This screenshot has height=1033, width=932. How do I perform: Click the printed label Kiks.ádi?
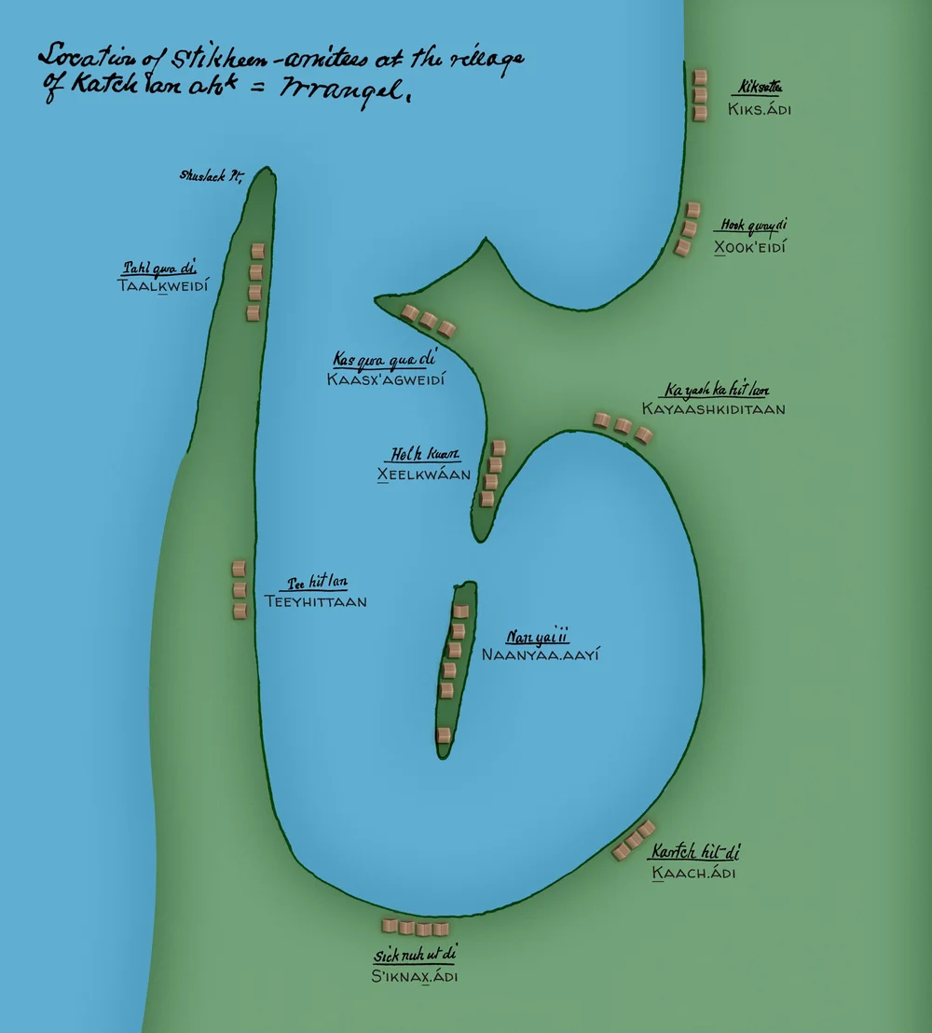point(760,110)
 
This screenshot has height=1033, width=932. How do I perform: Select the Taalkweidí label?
point(162,286)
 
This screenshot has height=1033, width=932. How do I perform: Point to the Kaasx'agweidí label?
point(387,379)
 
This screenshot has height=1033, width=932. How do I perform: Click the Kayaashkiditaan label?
point(713,408)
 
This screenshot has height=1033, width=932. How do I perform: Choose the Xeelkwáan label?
point(423,475)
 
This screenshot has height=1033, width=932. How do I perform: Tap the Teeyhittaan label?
point(315,602)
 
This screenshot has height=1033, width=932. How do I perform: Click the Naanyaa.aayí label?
point(540,654)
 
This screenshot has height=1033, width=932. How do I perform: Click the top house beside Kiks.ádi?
point(700,76)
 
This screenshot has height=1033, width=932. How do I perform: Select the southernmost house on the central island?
point(444,735)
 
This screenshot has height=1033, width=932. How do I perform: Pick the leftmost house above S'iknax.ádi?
point(390,926)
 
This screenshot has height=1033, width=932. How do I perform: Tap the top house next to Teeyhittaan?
point(239,569)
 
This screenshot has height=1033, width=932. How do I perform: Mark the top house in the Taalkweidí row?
point(257,252)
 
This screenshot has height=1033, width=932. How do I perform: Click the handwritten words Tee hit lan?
point(317,583)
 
